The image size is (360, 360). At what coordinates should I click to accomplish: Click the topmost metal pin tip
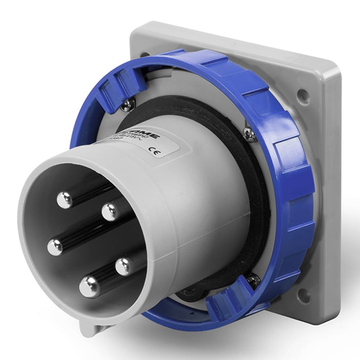click(x=65, y=199)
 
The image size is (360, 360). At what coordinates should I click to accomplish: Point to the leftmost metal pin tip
click(x=55, y=247)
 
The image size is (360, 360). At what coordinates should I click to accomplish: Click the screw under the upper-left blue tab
click(x=127, y=104)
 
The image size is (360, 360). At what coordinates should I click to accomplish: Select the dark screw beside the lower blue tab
click(x=253, y=280)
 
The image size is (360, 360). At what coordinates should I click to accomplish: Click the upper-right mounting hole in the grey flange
click(x=303, y=95)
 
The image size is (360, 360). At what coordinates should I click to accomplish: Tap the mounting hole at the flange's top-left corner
click(x=145, y=54)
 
